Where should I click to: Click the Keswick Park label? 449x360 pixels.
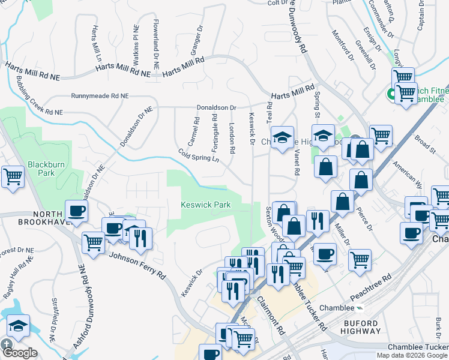click(206, 205)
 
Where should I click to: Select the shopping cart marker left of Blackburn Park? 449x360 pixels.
click(13, 177)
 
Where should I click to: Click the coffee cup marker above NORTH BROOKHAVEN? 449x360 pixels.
click(77, 211)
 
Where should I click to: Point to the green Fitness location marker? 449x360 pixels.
click(391, 94)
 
